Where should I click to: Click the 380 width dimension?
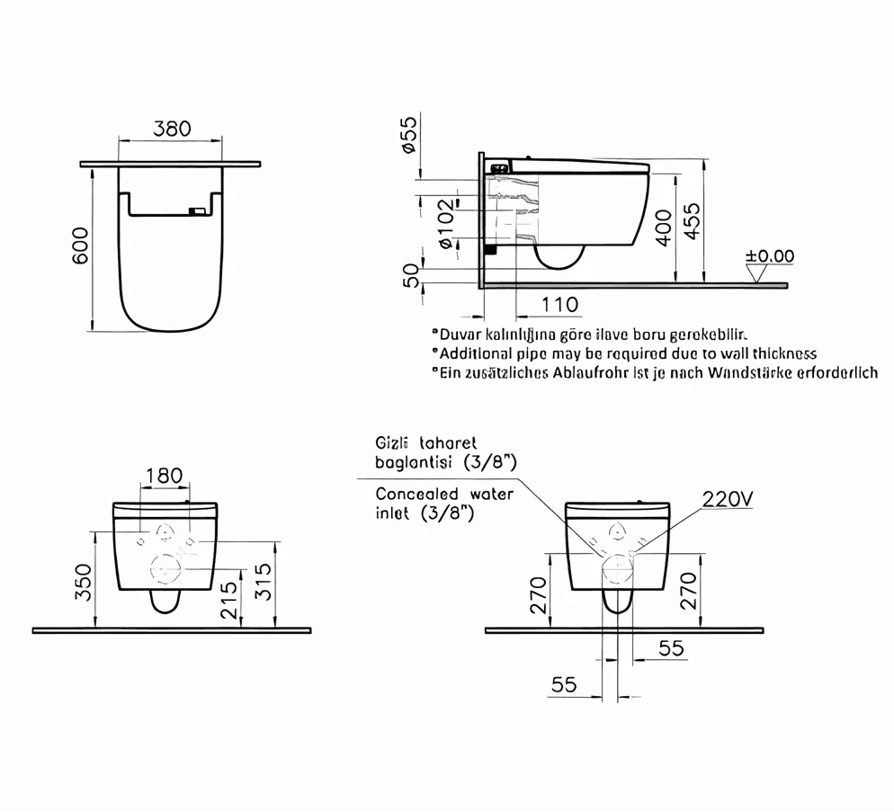172,129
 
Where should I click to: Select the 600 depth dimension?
81,245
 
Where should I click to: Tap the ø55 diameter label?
410,134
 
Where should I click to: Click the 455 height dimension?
691,221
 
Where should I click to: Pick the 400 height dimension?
663,228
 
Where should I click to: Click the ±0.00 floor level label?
770,256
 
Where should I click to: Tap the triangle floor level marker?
757,274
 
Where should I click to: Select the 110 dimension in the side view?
560,305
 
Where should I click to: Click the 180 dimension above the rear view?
165,475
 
